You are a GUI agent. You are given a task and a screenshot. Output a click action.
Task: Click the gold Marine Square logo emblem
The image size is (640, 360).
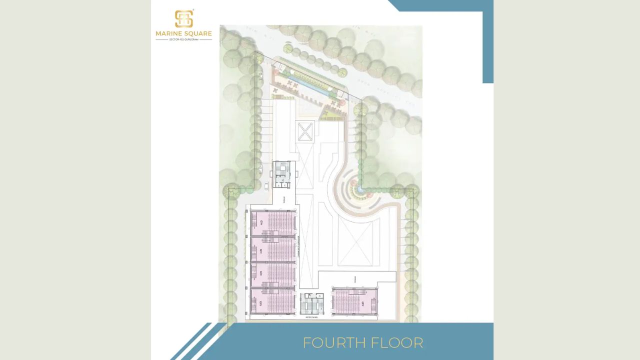click(x=183, y=19)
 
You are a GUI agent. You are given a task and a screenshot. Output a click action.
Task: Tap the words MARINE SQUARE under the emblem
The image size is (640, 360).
click(x=183, y=34)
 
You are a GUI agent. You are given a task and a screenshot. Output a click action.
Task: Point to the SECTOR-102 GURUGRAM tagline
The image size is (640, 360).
click(x=183, y=39)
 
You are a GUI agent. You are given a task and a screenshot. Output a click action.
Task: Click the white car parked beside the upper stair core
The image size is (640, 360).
click(x=266, y=186)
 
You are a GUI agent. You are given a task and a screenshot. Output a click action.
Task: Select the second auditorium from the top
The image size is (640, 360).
click(x=273, y=248)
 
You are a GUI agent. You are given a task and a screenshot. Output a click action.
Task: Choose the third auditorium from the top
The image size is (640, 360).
click(x=273, y=274)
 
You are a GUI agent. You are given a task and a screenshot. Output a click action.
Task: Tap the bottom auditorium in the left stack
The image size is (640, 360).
click(x=273, y=301)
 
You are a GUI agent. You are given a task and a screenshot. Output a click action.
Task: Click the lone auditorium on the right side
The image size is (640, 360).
click(x=355, y=301)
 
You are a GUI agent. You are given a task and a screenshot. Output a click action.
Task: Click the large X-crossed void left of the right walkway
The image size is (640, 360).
click(x=355, y=243)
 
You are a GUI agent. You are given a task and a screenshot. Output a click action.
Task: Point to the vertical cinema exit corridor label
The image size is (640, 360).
click(x=298, y=246)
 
